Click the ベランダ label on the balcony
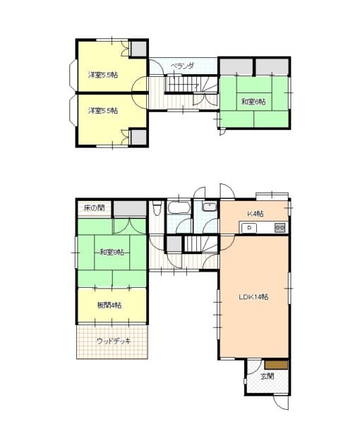(x=183, y=66)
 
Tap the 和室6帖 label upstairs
(x=253, y=102)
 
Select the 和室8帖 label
(x=112, y=253)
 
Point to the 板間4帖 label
(x=109, y=305)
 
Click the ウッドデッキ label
(x=114, y=341)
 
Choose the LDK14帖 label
(x=253, y=297)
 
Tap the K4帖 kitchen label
(x=256, y=214)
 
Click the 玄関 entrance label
(x=268, y=376)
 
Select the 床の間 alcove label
(x=94, y=207)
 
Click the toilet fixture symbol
(x=157, y=207)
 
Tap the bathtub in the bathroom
(x=179, y=208)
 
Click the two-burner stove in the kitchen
(x=280, y=228)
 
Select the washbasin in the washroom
(x=210, y=207)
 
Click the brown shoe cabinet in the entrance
(x=276, y=365)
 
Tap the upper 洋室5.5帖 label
(x=103, y=75)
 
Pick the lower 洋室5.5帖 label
(x=103, y=111)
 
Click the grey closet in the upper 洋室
(x=138, y=49)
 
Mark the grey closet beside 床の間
(x=130, y=209)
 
